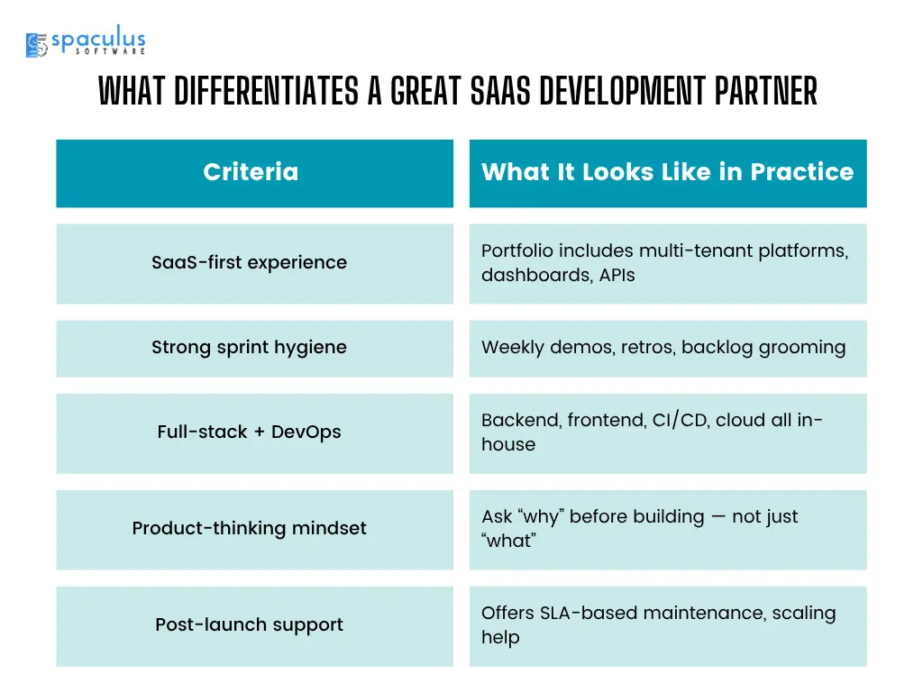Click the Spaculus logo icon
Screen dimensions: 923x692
click(x=36, y=45)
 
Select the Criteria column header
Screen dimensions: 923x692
click(x=255, y=174)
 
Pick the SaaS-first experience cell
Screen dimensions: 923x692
click(x=255, y=264)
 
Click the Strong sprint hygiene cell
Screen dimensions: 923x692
click(x=255, y=349)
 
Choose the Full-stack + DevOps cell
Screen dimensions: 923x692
click(x=255, y=433)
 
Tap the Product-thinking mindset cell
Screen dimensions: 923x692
click(x=255, y=530)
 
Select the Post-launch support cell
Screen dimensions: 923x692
click(x=255, y=626)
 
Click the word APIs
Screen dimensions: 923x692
click(x=617, y=276)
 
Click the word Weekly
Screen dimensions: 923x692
click(x=512, y=348)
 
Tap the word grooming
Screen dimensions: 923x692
click(x=801, y=348)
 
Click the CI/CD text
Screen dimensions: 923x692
click(x=680, y=420)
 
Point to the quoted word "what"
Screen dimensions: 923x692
click(x=508, y=541)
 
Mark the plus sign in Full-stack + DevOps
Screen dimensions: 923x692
click(x=259, y=432)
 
